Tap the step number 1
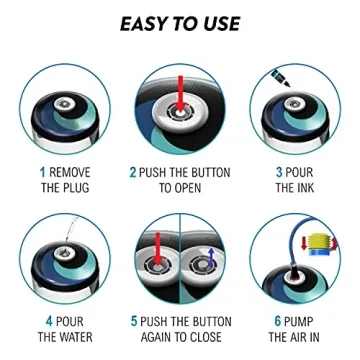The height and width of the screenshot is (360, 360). tap(42, 173)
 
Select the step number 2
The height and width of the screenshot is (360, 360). tap(133, 173)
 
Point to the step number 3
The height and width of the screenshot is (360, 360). tap(279, 173)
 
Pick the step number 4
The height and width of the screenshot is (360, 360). tap(49, 322)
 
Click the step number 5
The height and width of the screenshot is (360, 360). tap(134, 322)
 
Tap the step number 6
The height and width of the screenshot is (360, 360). tap(278, 322)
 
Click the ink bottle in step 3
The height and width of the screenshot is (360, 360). tap(280, 78)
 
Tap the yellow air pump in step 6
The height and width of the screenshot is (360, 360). tap(320, 244)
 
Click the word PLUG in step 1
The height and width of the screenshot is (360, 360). tap(77, 187)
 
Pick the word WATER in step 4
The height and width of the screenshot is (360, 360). tap(76, 337)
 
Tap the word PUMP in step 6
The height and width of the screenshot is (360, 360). tap(298, 322)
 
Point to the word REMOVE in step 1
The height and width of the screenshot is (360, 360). tap(70, 173)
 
